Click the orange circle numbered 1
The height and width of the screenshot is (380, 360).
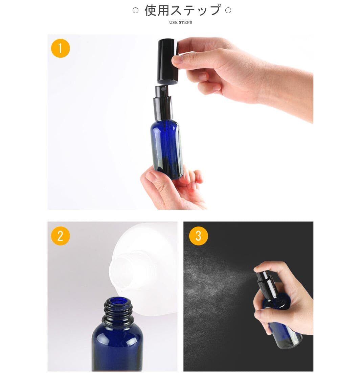click(61, 48)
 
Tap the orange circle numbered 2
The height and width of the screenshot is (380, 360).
click(61, 236)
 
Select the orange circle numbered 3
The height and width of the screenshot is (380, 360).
click(198, 236)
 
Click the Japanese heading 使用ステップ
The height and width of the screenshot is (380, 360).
click(183, 10)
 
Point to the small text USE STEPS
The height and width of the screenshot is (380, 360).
click(180, 23)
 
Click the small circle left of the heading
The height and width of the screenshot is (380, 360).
click(135, 10)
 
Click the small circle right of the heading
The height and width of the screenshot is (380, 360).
click(228, 10)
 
